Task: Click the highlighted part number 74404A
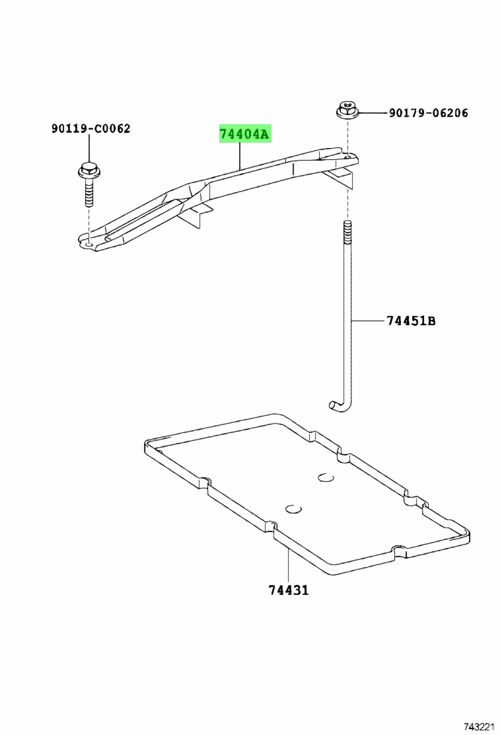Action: [245, 135]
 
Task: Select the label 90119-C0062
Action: [91, 128]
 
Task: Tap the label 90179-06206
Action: [428, 113]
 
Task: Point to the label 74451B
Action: [411, 321]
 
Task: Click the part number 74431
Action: [289, 590]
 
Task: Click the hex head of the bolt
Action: [88, 172]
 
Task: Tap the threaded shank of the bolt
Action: [88, 193]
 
